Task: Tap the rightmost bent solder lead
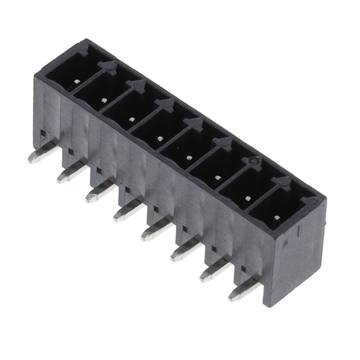pyautogui.click(x=242, y=292)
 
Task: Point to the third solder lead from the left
pyautogui.click(x=99, y=193)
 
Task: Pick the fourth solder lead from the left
pyautogui.click(x=127, y=212)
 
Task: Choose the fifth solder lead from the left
pyautogui.click(x=155, y=231)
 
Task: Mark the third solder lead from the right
pyautogui.click(x=184, y=251)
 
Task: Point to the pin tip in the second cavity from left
pyautogui.click(x=102, y=100)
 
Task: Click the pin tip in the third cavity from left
pyautogui.click(x=131, y=119)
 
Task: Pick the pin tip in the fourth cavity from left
pyautogui.click(x=160, y=138)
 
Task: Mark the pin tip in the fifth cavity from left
pyautogui.click(x=188, y=157)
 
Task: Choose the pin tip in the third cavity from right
pyautogui.click(x=217, y=178)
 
